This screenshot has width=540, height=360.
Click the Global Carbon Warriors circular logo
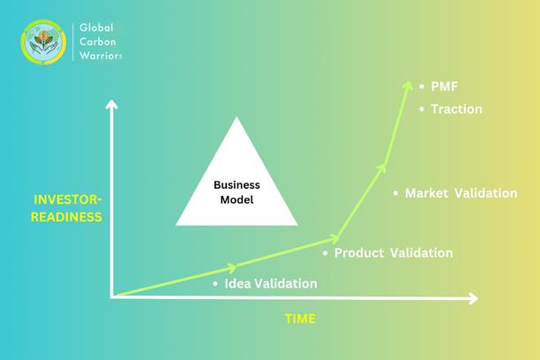pyautogui.click(x=43, y=42)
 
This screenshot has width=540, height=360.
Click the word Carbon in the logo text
pyautogui.click(x=97, y=41)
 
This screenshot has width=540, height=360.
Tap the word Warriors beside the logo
pyautogui.click(x=101, y=56)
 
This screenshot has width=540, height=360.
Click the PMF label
pyautogui.click(x=444, y=86)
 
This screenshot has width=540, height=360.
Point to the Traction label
pyautogui.click(x=456, y=109)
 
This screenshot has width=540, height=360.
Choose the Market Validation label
pyautogui.click(x=461, y=193)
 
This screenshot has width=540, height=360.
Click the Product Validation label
pyautogui.click(x=394, y=253)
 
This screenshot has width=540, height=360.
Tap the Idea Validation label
pyautogui.click(x=271, y=283)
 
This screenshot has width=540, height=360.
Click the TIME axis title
pyautogui.click(x=300, y=319)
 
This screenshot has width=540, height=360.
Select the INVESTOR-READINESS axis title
pyautogui.click(x=67, y=208)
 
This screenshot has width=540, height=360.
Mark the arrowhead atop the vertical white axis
pyautogui.click(x=111, y=104)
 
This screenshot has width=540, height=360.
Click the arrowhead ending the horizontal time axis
pyautogui.click(x=473, y=298)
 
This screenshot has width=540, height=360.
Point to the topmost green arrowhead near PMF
pyautogui.click(x=409, y=86)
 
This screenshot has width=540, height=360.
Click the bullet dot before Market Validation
pyautogui.click(x=395, y=193)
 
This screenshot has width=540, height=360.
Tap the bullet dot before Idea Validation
pyautogui.click(x=215, y=284)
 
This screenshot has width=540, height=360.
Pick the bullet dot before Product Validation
pyautogui.click(x=325, y=253)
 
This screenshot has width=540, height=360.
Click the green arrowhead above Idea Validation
pyautogui.click(x=232, y=267)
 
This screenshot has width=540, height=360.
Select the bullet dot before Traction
pyautogui.click(x=422, y=109)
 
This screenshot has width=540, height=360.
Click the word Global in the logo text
pyautogui.click(x=96, y=27)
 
